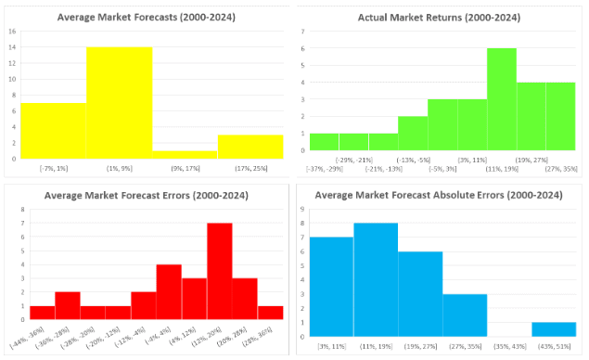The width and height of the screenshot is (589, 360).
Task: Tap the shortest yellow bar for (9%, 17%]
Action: click(x=185, y=154)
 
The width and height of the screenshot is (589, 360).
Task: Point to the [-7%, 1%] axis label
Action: click(x=54, y=167)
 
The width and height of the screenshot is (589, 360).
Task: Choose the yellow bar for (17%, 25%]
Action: click(x=250, y=147)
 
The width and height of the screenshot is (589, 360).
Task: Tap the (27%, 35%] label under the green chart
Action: click(x=562, y=167)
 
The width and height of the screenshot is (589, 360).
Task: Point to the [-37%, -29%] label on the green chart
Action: click(x=324, y=167)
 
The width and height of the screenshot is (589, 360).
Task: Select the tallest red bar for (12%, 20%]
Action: click(x=219, y=279)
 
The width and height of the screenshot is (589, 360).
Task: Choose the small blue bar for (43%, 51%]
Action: click(x=554, y=328)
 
